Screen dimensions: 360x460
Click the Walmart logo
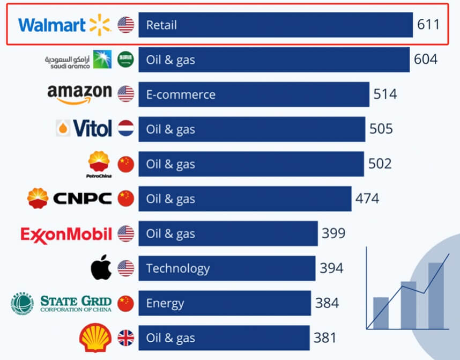pos(64,25)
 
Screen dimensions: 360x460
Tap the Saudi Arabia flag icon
pos(125,60)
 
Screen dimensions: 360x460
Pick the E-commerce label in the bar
pos(181,94)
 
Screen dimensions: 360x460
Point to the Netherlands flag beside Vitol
pos(125,129)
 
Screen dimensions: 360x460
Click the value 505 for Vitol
pos(381,129)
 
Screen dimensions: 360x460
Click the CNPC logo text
pos(82,199)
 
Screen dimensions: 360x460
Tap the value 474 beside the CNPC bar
pos(367,199)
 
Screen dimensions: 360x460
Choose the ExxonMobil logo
pos(66,234)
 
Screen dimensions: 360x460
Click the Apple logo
pos(101,268)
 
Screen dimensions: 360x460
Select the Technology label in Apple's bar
pos(177,268)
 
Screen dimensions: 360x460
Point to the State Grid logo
pos(61,303)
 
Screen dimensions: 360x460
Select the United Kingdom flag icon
pos(125,338)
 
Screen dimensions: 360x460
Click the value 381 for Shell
pos(325,338)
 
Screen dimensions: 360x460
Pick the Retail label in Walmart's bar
pos(161,25)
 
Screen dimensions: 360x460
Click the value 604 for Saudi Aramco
pos(426,60)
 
